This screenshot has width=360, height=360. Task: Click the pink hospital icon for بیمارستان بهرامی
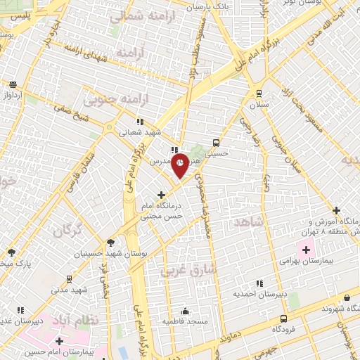pos(306,248)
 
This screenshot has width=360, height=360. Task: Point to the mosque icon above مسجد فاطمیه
pos(186,310)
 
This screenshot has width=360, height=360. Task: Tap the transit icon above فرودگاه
pos(283,318)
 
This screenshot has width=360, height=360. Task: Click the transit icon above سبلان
pos(259,93)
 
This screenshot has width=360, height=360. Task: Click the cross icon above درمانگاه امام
pos(162,195)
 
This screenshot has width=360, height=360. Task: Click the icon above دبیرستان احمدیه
pos(260,283)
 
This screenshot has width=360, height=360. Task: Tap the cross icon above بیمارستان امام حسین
pos(60,342)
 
